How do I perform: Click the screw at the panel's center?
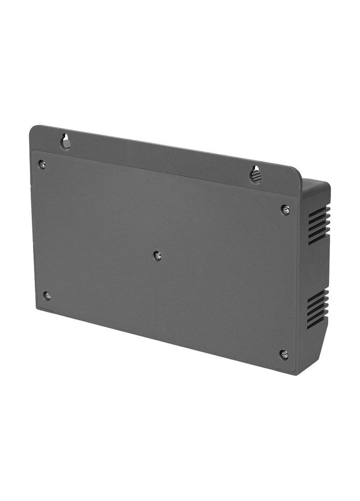pyautogui.click(x=158, y=256)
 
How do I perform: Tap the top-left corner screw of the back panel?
pyautogui.click(x=42, y=164)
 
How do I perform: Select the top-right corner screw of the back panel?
pyautogui.click(x=285, y=209)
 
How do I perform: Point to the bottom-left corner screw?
pyautogui.click(x=47, y=295)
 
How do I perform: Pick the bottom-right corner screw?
pyautogui.click(x=284, y=355)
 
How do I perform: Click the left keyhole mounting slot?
pyautogui.click(x=66, y=141)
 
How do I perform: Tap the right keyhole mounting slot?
pyautogui.click(x=256, y=175)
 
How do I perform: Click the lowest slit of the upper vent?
pyautogui.click(x=319, y=240)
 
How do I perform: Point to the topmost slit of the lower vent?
pyautogui.click(x=318, y=294)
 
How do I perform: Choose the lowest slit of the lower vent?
pyautogui.click(x=318, y=324)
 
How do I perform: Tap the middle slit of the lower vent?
pyautogui.click(x=318, y=309)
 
